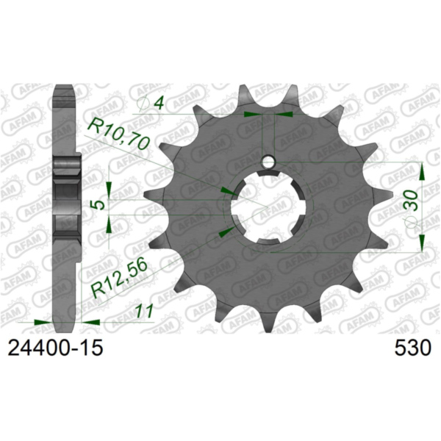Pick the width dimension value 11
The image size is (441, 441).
point(144,312)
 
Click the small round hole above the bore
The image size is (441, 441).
point(270,161)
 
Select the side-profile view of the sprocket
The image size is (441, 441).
point(66,206)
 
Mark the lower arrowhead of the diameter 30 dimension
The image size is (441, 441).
point(422,244)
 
